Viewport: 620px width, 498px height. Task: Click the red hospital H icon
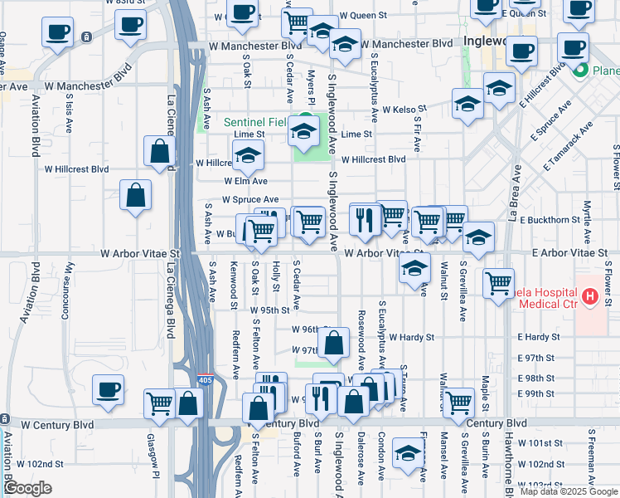(x=589, y=296)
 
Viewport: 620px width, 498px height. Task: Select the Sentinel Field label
(x=255, y=122)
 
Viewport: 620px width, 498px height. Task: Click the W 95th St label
(x=269, y=310)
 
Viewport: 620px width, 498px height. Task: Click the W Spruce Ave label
(x=250, y=200)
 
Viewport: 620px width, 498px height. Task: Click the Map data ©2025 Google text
(x=569, y=491)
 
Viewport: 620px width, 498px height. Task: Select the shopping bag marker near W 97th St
(x=333, y=343)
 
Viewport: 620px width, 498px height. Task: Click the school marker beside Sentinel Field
(x=304, y=130)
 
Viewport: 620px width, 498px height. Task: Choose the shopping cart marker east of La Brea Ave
(x=498, y=284)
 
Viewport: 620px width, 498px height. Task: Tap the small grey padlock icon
(x=86, y=37)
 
